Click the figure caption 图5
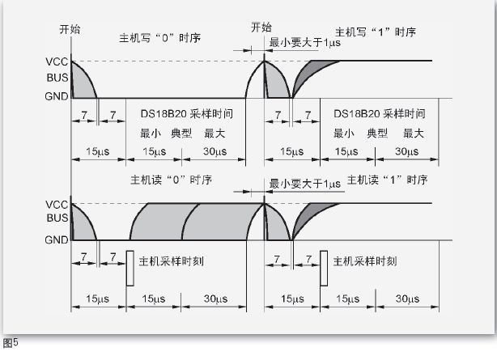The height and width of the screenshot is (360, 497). coord(10,342)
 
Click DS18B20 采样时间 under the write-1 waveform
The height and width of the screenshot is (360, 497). coord(379,114)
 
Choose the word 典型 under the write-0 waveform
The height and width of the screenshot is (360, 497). coord(180,132)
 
